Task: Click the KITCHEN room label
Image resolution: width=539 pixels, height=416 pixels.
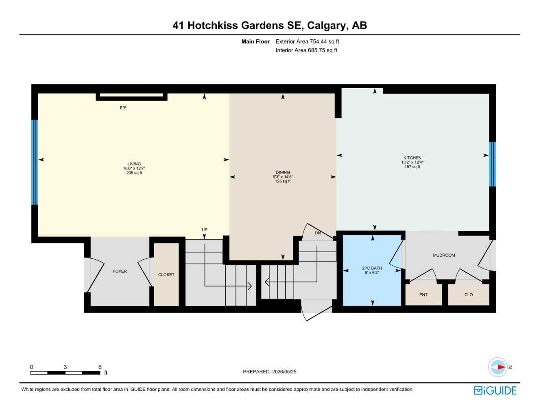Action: [x=412, y=158]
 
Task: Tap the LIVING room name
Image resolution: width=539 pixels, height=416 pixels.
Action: [x=134, y=164]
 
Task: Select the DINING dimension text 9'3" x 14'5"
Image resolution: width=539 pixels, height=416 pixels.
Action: [x=283, y=177]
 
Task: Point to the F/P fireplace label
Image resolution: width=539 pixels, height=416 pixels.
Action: [x=123, y=108]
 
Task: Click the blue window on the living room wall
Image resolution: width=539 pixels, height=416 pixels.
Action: [x=35, y=162]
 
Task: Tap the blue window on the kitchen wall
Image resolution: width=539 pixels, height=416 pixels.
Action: [x=492, y=165]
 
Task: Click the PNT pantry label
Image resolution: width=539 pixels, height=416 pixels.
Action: [x=423, y=295]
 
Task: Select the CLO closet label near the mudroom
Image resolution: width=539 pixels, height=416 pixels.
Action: [x=469, y=295]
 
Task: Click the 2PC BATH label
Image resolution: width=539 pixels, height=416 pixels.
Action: [x=372, y=268]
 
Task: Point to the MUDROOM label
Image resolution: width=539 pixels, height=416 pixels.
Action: [x=444, y=255]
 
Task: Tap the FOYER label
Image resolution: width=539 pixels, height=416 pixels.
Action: [x=120, y=271]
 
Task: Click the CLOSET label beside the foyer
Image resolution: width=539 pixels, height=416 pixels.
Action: [x=166, y=275]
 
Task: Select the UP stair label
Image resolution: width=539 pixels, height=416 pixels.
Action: [x=204, y=230]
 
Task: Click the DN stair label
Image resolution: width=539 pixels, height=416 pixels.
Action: [x=318, y=233]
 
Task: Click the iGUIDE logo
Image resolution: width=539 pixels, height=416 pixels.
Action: [x=495, y=390]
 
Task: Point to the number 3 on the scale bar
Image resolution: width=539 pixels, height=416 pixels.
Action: [x=65, y=367]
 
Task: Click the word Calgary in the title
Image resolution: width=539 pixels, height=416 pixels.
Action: [x=326, y=26]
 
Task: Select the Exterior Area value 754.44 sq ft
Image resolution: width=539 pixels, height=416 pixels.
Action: [x=324, y=41]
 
